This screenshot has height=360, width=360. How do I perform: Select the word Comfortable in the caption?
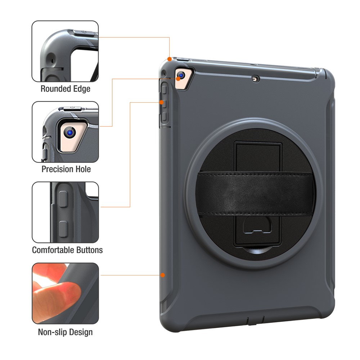54,250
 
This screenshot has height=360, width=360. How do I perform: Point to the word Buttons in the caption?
90,250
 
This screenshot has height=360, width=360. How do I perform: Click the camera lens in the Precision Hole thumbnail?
69,133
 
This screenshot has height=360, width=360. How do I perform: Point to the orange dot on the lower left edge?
163,275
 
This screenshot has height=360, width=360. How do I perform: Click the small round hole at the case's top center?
256,78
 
